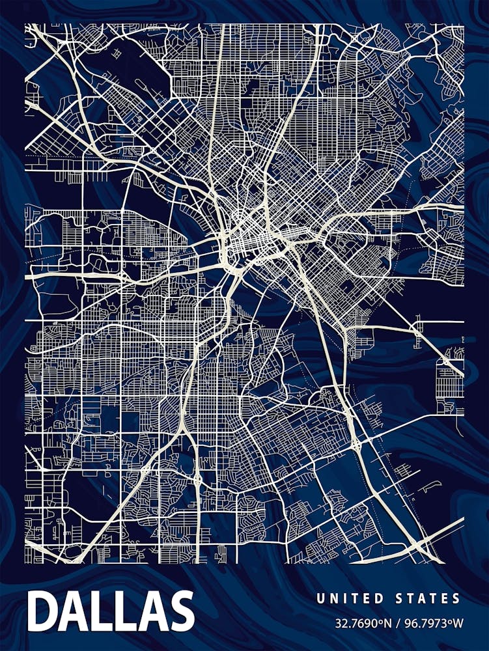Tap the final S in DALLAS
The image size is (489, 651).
(180, 612)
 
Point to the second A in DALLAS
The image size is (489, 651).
(151, 612)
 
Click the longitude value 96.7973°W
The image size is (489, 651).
(434, 623)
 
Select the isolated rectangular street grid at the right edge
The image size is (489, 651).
(449, 381)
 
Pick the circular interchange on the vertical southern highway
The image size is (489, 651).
(197, 480)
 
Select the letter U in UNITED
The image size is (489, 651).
(320, 598)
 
